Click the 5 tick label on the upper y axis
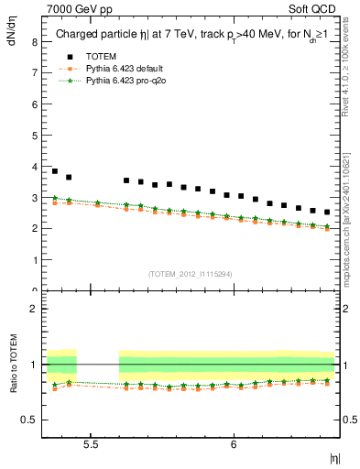coord(35,136)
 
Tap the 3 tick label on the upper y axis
coord(35,198)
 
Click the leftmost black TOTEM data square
coord(55,171)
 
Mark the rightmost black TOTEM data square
coord(327,213)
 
